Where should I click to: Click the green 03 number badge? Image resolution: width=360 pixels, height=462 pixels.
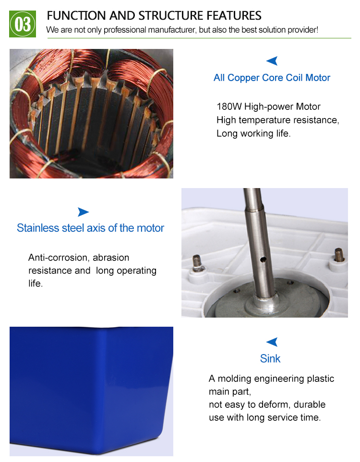click(x=23, y=24)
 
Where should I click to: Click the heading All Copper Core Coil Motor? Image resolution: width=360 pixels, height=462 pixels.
click(x=272, y=78)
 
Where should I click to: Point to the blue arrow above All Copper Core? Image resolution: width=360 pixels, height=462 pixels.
click(x=272, y=60)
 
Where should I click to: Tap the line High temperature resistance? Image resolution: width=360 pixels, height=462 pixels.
click(x=278, y=120)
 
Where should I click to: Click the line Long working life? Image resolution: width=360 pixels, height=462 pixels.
click(x=253, y=133)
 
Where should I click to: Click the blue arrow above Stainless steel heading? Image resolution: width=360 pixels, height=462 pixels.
click(x=83, y=212)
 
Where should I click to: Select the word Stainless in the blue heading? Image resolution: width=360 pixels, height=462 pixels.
click(x=38, y=228)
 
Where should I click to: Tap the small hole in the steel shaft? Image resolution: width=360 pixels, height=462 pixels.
click(x=263, y=260)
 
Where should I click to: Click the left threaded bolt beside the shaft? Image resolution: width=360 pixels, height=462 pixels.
click(x=197, y=262)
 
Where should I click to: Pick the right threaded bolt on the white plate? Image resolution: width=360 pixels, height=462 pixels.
click(x=339, y=255)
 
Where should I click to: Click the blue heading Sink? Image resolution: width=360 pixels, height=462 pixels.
click(x=270, y=358)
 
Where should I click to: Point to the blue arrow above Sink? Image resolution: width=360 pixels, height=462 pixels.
click(x=272, y=342)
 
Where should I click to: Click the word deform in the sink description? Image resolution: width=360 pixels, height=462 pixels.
click(x=274, y=404)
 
